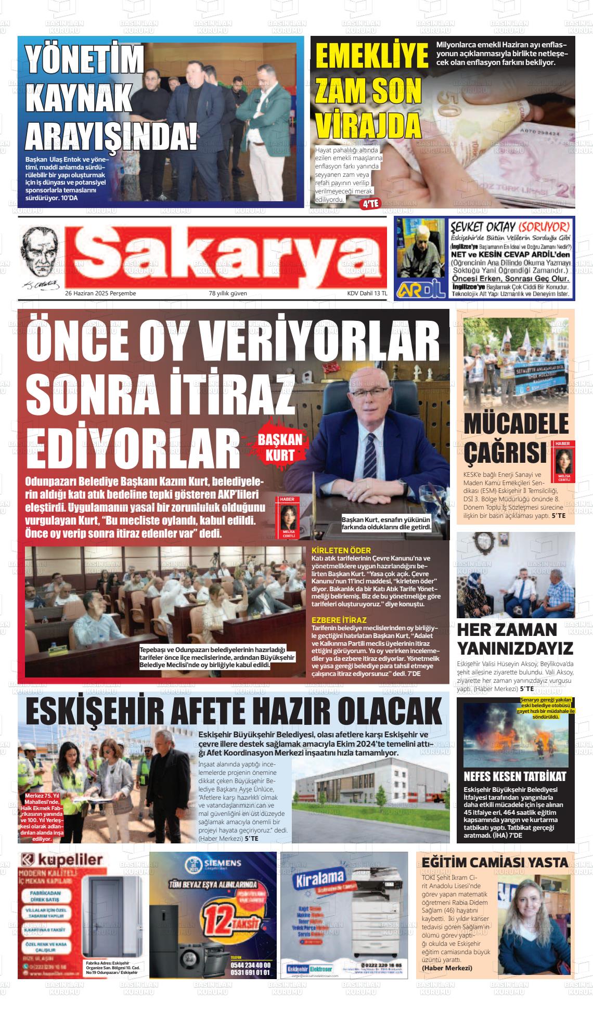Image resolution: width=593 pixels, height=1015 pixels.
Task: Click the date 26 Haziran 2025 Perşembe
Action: coord(100,293)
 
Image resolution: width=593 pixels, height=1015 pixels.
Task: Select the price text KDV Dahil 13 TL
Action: coord(367,293)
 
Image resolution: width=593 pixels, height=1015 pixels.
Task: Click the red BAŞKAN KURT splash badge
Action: coord(280,447)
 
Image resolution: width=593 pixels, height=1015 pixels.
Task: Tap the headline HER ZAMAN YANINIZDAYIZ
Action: coord(515,639)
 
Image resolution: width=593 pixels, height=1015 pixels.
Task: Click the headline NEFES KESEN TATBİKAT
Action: coord(514,776)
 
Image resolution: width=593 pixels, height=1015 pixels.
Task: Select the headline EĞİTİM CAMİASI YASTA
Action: coord(495,863)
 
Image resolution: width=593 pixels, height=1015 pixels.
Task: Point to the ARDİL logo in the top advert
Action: coord(421,290)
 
